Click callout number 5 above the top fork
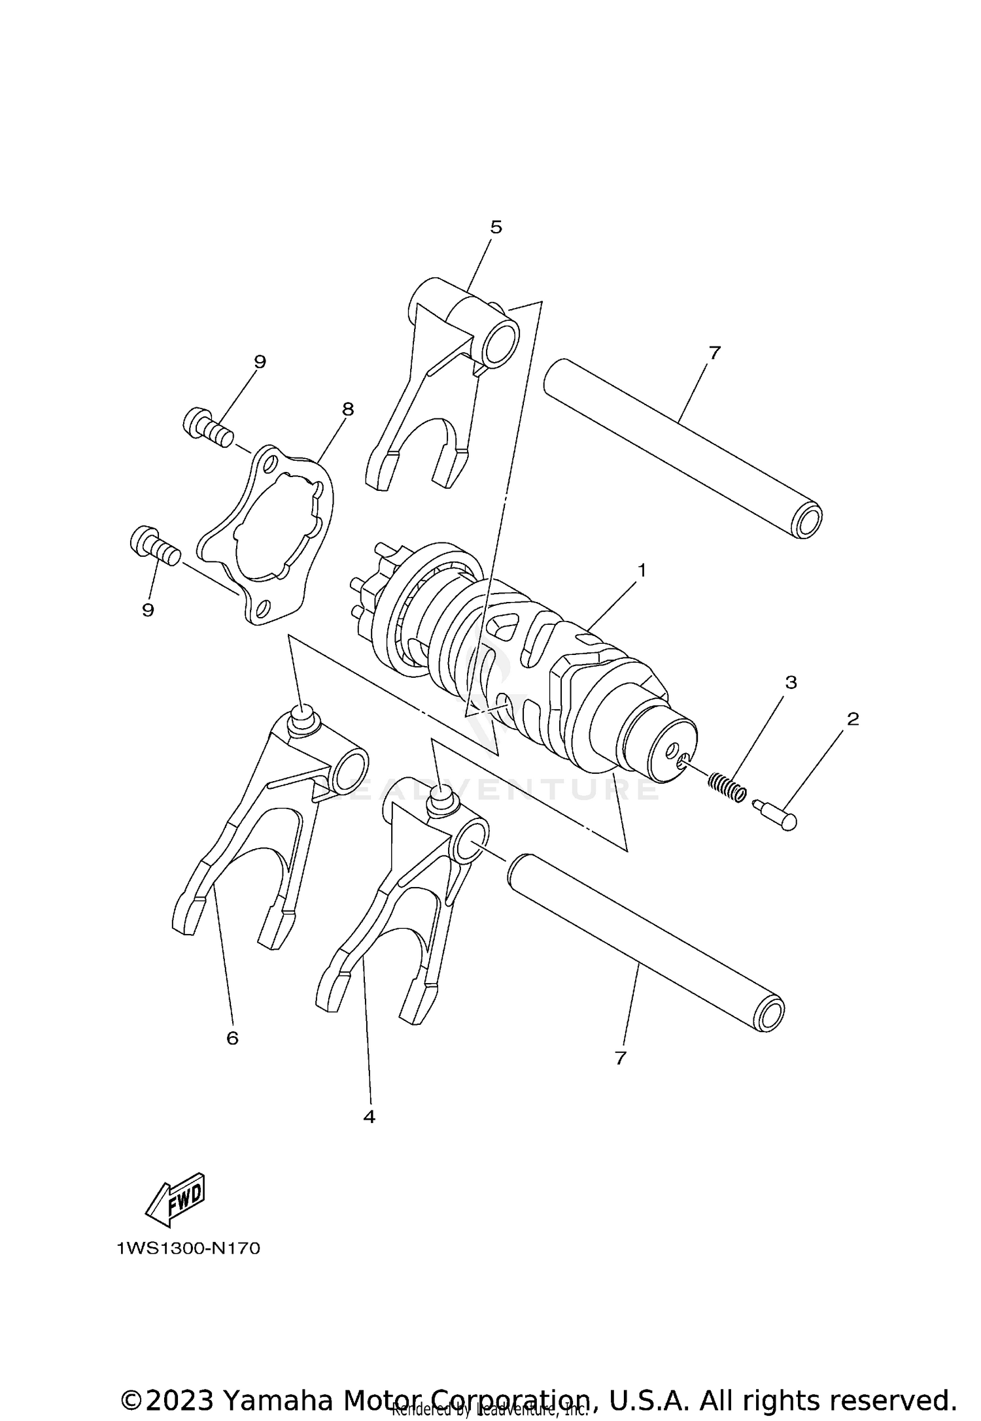coord(496,227)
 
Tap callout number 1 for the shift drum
coord(642,571)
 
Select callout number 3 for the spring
coord(791,682)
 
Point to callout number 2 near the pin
coord(853,719)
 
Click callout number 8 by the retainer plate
coord(347,409)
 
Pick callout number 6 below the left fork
coord(232,1038)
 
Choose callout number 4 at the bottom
coord(369,1117)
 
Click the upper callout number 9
coord(260,361)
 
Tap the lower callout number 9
coord(148,610)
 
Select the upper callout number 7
coord(714,353)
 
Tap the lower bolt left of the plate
coord(155,544)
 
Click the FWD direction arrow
coord(175,1201)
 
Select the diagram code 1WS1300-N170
coord(188,1249)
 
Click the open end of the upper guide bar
coord(806,522)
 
